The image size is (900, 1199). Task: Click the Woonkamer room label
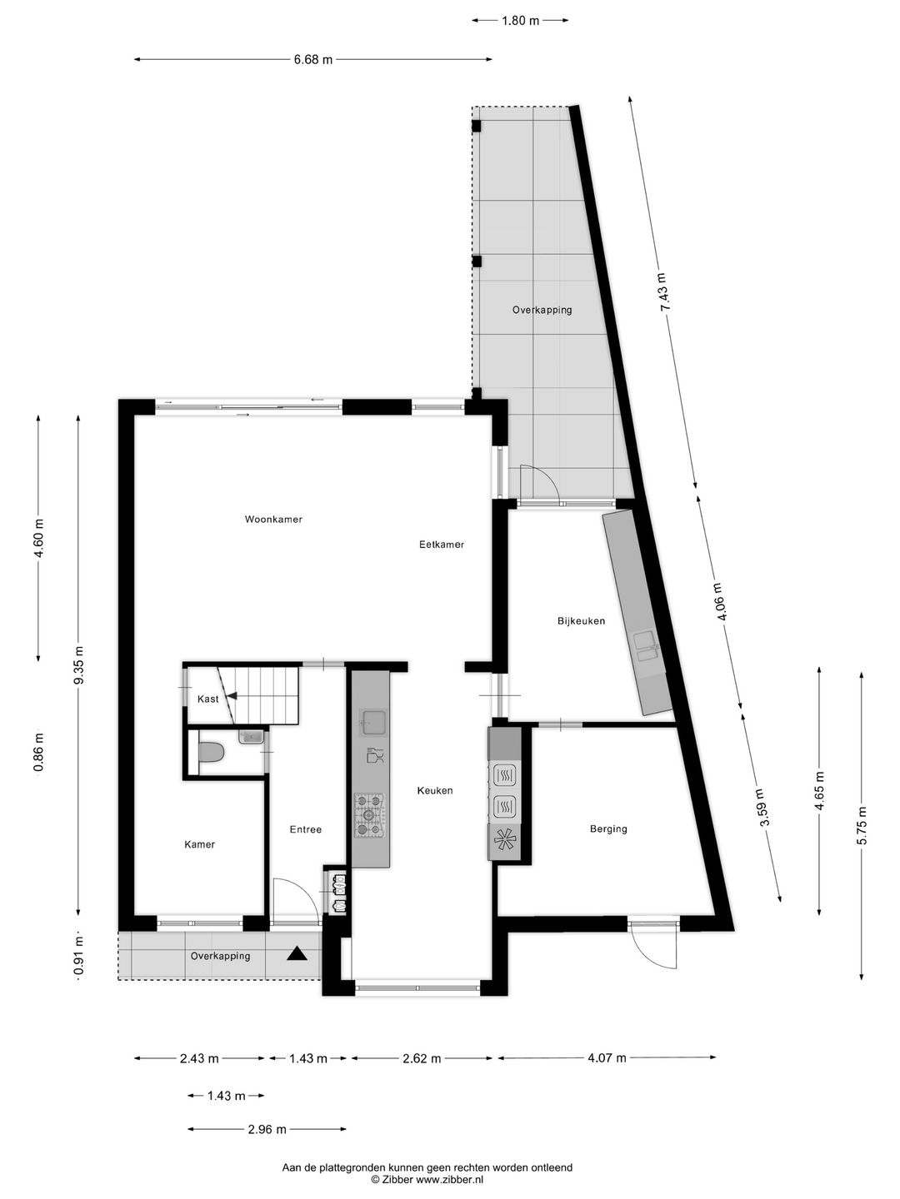[273, 520]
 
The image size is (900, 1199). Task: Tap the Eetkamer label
[441, 545]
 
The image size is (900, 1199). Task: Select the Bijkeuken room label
[581, 621]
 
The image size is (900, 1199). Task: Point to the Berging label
[608, 828]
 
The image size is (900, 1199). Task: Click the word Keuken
[435, 790]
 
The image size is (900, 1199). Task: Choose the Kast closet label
[207, 699]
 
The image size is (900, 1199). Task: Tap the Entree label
[305, 829]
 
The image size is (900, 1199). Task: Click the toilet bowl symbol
[212, 753]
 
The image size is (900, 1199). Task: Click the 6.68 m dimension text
[312, 59]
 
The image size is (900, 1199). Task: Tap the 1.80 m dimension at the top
[520, 21]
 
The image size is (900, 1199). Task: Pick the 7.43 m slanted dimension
[663, 292]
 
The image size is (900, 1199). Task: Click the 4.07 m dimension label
[606, 1058]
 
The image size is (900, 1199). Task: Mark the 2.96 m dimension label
[267, 1130]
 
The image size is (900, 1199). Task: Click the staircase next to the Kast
[267, 694]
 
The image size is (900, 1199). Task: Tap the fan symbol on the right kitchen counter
[503, 842]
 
